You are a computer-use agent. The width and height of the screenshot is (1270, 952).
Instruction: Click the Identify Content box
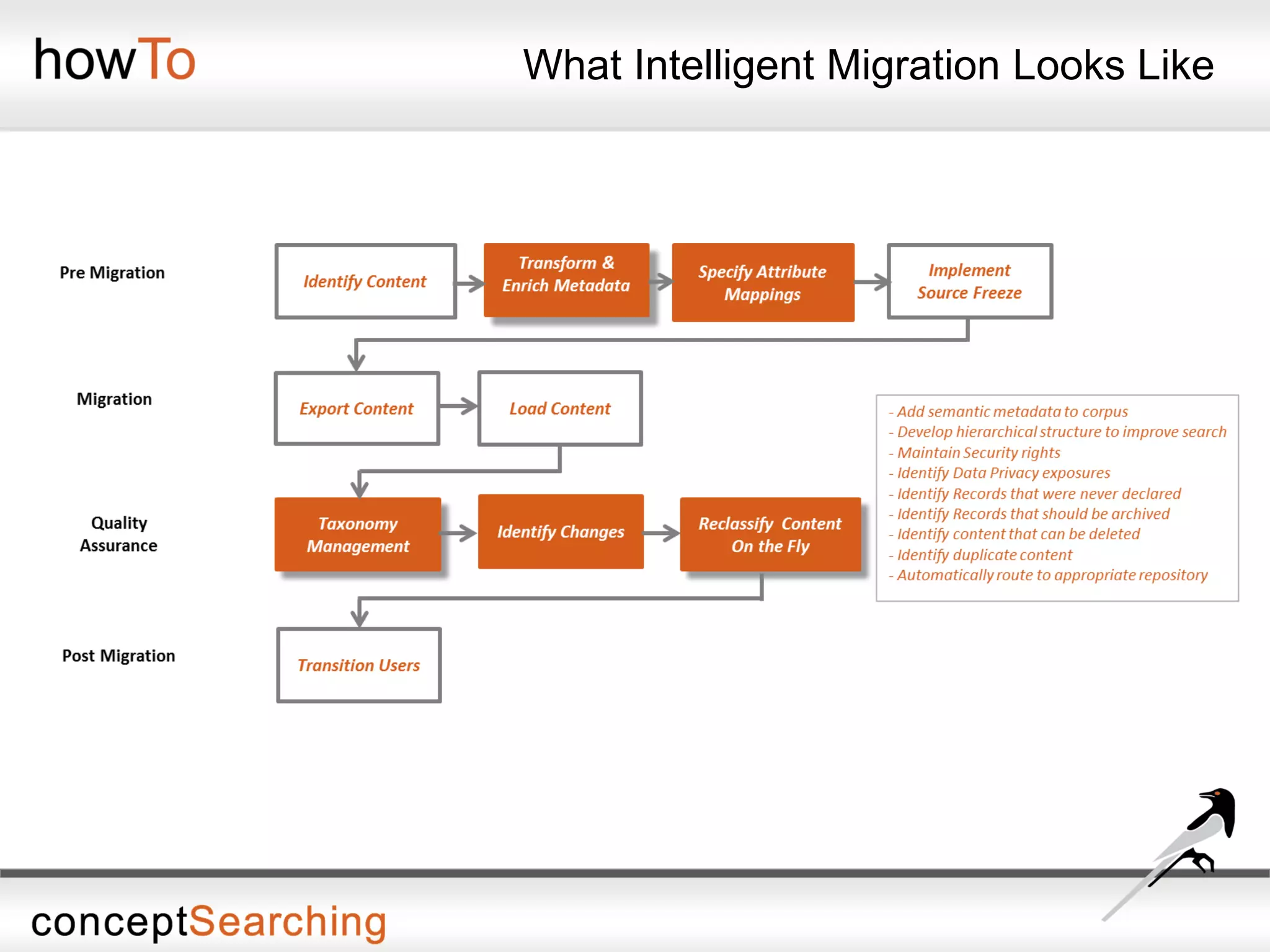tap(365, 281)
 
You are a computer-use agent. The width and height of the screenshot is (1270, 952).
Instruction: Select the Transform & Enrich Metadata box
tap(566, 280)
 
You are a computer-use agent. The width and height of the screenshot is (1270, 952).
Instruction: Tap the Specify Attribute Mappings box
tap(763, 283)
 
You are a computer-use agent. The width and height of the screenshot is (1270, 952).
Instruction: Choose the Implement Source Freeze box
tap(969, 281)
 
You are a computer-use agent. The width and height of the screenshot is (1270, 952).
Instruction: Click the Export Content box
tap(357, 408)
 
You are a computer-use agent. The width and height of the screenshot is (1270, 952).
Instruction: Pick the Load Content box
tap(560, 408)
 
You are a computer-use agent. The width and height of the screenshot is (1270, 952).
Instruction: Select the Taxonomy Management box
tap(358, 534)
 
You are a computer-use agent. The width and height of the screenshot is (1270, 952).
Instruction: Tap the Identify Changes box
tap(561, 532)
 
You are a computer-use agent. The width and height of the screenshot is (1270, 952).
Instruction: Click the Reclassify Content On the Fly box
tap(770, 534)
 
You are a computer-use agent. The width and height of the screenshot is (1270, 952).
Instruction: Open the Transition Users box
tap(358, 665)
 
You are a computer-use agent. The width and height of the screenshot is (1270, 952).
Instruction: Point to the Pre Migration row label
tap(112, 273)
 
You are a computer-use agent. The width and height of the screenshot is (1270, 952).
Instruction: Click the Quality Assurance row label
tap(118, 534)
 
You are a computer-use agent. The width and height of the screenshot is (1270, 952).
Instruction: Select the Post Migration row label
tap(118, 656)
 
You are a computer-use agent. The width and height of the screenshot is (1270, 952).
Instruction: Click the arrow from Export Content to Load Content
tap(458, 407)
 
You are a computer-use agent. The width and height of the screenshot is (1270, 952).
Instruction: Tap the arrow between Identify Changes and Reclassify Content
tap(662, 532)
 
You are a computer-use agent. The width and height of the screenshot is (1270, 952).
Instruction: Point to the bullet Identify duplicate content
tap(984, 555)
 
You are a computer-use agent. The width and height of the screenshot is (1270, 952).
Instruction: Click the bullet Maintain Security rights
tap(978, 452)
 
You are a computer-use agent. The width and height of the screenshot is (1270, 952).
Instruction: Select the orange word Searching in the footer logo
tap(287, 922)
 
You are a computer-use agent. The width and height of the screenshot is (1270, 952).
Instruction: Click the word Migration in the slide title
tap(913, 65)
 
